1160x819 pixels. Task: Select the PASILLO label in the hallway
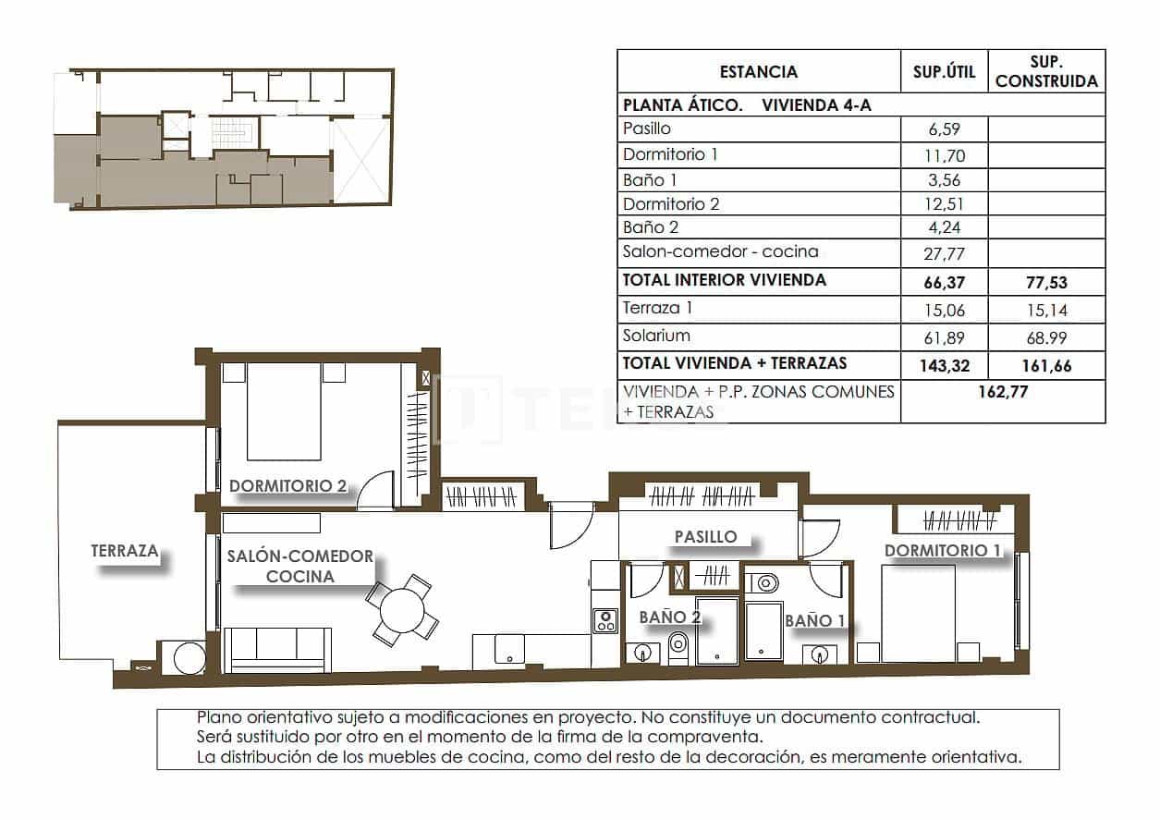tap(705, 536)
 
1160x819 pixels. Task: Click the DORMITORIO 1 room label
tap(942, 551)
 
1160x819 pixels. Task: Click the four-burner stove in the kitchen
tap(604, 620)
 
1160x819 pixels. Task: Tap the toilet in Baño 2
tap(678, 647)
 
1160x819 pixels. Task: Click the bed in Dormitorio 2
tap(285, 411)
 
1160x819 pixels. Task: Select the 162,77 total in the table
tap(1003, 391)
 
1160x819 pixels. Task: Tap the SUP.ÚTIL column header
tap(944, 72)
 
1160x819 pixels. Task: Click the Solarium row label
tap(656, 336)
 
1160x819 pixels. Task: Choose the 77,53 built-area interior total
tap(1046, 280)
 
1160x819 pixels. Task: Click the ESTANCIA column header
tap(758, 72)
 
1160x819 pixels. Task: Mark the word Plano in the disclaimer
tap(218, 717)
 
